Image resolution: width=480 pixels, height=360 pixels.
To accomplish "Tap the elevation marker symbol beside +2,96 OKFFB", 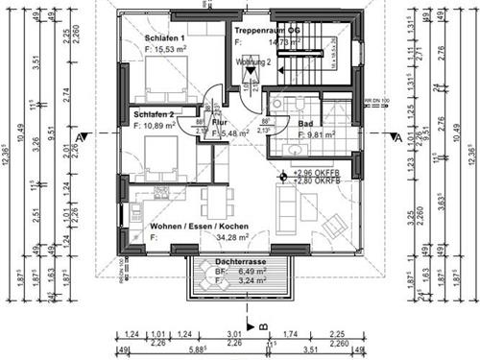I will [x=283, y=176].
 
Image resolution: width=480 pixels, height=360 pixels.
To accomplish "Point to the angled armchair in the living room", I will [x=333, y=227].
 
